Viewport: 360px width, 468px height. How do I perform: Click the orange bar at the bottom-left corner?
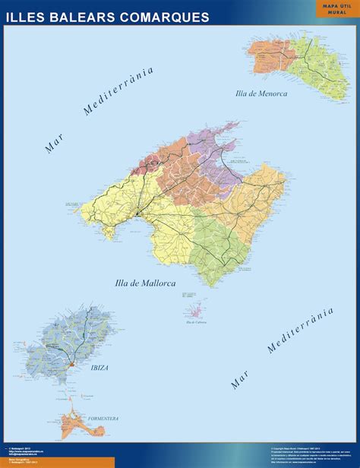click(x=57, y=462)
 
